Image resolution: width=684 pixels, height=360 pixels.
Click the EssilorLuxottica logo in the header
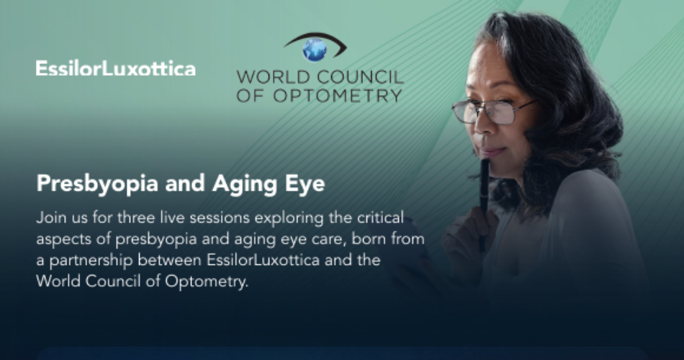pyautogui.click(x=116, y=68)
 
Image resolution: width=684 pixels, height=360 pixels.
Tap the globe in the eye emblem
pyautogui.click(x=315, y=49)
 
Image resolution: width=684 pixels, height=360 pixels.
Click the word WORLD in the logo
pyautogui.click(x=274, y=77)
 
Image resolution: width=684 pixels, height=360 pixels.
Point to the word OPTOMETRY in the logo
pyautogui.click(x=338, y=96)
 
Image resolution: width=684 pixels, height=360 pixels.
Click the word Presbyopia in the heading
pyautogui.click(x=97, y=184)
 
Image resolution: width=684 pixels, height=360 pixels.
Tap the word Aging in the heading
pyautogui.click(x=245, y=184)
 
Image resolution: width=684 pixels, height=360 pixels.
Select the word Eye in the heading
pyautogui.click(x=305, y=184)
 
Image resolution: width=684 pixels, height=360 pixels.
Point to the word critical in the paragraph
pyautogui.click(x=380, y=217)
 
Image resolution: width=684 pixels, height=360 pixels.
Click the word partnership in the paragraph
pyautogui.click(x=91, y=261)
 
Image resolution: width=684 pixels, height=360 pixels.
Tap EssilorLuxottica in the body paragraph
pyautogui.click(x=263, y=260)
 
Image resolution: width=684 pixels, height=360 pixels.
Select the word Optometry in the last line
pyautogui.click(x=207, y=282)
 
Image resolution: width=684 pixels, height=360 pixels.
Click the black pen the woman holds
pyautogui.click(x=483, y=205)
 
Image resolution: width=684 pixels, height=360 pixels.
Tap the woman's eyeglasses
pyautogui.click(x=493, y=111)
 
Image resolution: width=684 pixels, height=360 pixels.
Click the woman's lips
pyautogui.click(x=491, y=151)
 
